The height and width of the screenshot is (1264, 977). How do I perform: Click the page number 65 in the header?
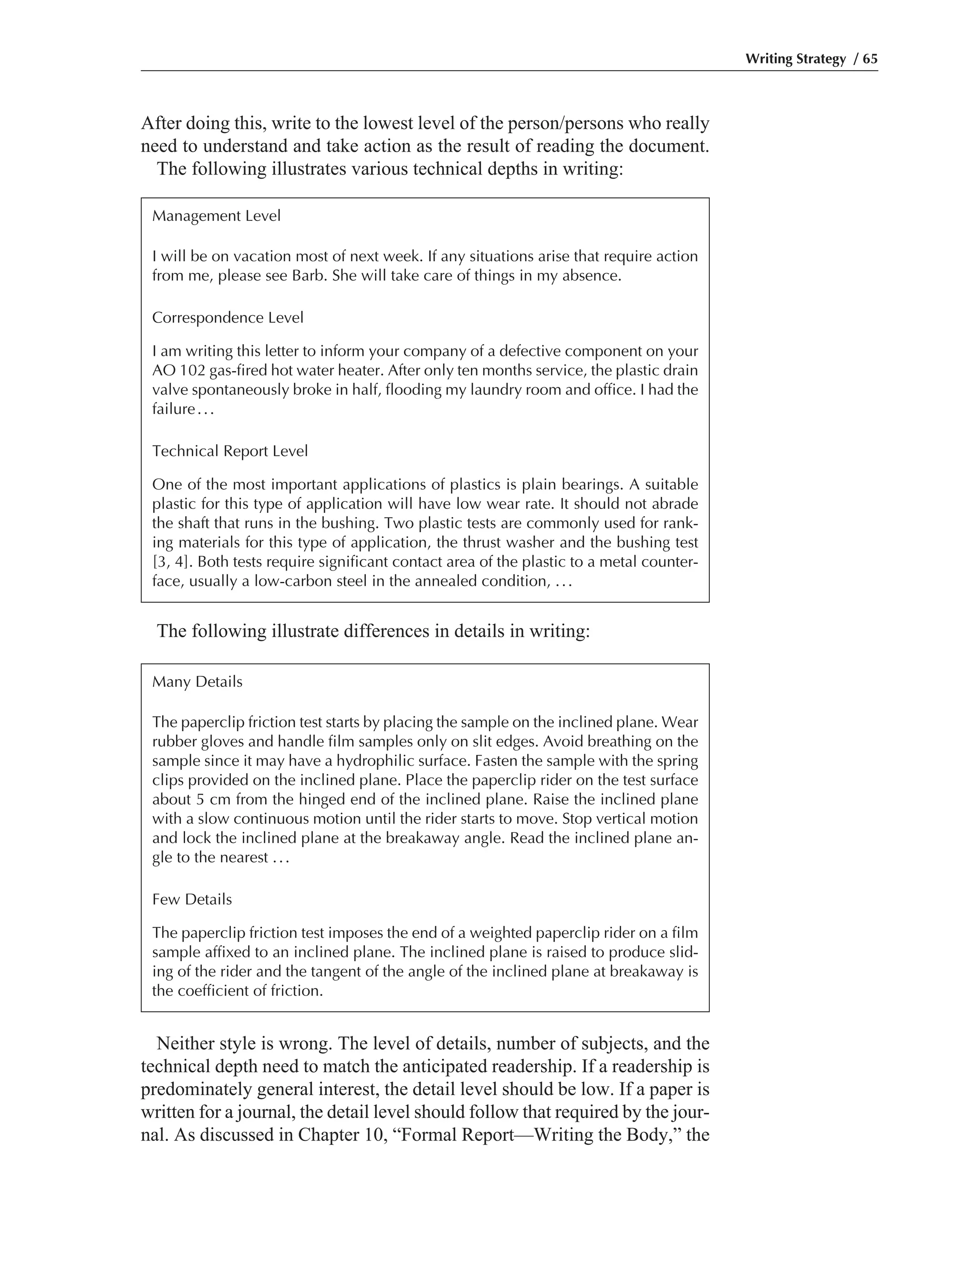870,59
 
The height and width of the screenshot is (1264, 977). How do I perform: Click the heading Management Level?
216,216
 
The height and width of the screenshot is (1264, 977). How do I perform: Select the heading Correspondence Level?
228,318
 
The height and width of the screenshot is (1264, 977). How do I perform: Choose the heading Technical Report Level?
230,451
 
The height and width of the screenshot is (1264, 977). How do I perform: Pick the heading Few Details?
192,900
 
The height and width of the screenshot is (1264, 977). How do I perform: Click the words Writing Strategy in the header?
795,59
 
